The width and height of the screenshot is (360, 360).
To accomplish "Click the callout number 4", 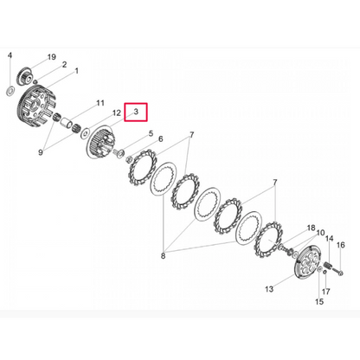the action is pyautogui.click(x=10, y=55).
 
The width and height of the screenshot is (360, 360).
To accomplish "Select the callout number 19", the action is pyautogui.click(x=51, y=57).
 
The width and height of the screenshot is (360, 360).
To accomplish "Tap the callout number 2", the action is pyautogui.click(x=64, y=64).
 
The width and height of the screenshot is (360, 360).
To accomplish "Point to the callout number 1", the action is pyautogui.click(x=77, y=71).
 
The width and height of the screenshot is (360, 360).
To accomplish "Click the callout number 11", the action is pyautogui.click(x=100, y=103).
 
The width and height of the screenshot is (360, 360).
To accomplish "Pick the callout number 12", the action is pyautogui.click(x=117, y=112).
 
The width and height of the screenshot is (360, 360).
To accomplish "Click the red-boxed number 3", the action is pyautogui.click(x=136, y=112).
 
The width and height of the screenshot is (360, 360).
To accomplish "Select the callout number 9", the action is pyautogui.click(x=41, y=152).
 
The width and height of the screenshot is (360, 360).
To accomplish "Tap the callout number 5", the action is pyautogui.click(x=151, y=133).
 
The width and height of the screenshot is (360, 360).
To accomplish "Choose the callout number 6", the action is pyautogui.click(x=160, y=139).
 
